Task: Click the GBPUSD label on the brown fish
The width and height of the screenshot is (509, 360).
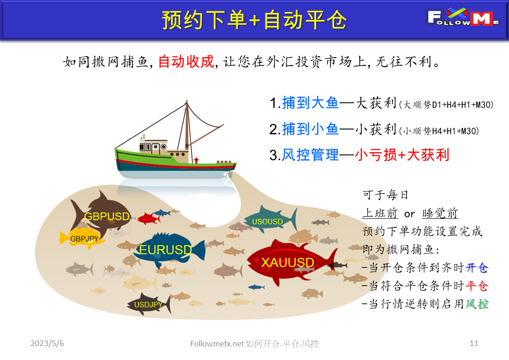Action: click(x=107, y=217)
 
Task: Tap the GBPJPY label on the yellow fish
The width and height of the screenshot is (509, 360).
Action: click(x=84, y=239)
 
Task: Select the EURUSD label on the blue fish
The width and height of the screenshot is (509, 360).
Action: click(x=166, y=250)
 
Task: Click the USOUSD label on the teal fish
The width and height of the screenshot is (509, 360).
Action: click(x=267, y=222)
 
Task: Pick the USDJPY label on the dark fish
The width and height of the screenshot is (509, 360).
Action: click(x=148, y=305)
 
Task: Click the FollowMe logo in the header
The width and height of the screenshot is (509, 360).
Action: click(x=463, y=18)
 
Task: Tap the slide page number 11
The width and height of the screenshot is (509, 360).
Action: click(x=474, y=343)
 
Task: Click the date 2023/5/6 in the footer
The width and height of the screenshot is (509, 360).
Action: click(x=47, y=343)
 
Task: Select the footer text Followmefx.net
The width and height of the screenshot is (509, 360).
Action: click(x=217, y=344)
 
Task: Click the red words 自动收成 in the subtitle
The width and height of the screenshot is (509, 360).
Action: click(x=186, y=62)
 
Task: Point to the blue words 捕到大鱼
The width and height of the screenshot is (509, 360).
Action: click(x=310, y=104)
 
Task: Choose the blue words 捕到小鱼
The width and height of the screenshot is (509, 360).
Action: click(x=310, y=130)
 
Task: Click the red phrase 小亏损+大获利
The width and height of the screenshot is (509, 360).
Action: click(x=402, y=155)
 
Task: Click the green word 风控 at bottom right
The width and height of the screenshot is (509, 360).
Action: click(x=477, y=304)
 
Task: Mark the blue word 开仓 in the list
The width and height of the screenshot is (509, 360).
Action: click(x=477, y=268)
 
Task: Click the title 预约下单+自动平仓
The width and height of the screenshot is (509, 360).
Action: click(x=254, y=20)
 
